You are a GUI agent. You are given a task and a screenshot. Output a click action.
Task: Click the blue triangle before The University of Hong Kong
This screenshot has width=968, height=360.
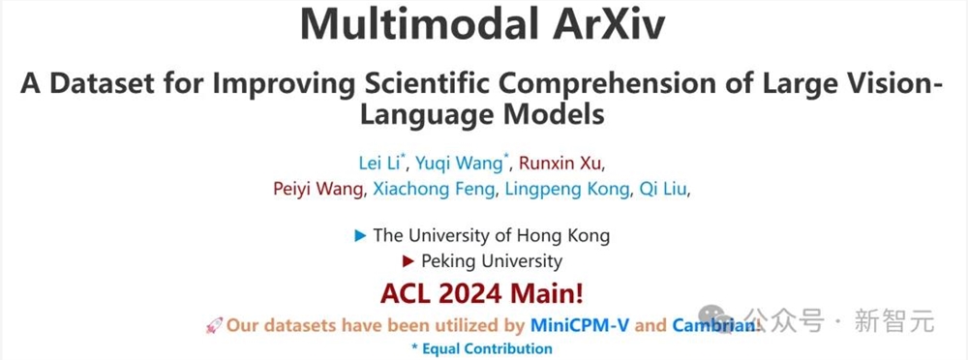click(x=360, y=235)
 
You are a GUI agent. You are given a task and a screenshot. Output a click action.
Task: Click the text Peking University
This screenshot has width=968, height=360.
click(x=492, y=261)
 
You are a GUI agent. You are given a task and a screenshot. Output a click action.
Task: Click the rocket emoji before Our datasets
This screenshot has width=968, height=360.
click(x=214, y=326)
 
